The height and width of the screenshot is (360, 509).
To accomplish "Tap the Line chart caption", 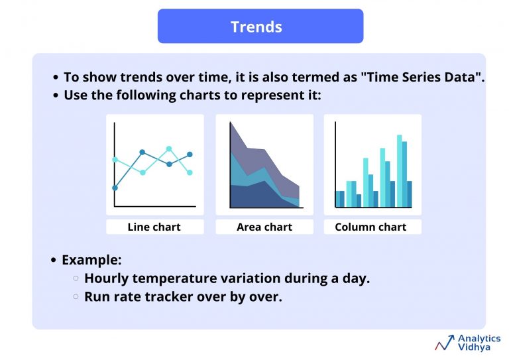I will click(x=154, y=227).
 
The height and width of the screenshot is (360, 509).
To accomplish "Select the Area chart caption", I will click(x=264, y=227).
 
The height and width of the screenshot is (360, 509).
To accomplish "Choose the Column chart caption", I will click(x=370, y=227).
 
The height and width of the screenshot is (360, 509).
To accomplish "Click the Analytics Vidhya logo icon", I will click(x=444, y=342).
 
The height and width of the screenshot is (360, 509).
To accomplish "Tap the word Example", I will click(x=91, y=260).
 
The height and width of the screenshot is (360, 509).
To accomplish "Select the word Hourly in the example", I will click(x=107, y=278).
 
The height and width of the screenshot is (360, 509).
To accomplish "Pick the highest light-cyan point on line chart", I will click(x=169, y=149).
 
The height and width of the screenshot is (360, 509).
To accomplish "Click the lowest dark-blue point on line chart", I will click(x=115, y=188).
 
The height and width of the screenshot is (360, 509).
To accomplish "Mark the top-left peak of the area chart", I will click(x=231, y=123).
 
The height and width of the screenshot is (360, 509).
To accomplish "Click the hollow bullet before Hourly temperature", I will click(x=76, y=279).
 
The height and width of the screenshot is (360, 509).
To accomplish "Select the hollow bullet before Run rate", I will click(x=76, y=297).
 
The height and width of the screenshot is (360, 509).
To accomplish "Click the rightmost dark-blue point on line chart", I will click(x=190, y=154).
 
